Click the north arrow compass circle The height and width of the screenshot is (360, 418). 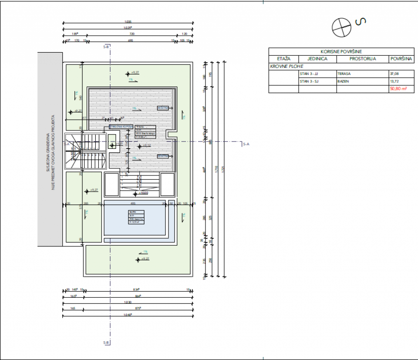click(x=341, y=27)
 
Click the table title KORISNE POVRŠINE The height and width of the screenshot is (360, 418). click(x=341, y=51)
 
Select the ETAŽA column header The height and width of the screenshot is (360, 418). click(x=283, y=59)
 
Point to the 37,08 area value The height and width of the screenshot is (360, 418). click(x=394, y=74)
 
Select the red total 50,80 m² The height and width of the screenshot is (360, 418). click(x=398, y=89)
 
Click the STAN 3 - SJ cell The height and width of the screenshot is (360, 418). click(x=309, y=81)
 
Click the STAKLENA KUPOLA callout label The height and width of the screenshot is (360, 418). click(x=121, y=127)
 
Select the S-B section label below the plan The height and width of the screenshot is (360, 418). click(x=106, y=343)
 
